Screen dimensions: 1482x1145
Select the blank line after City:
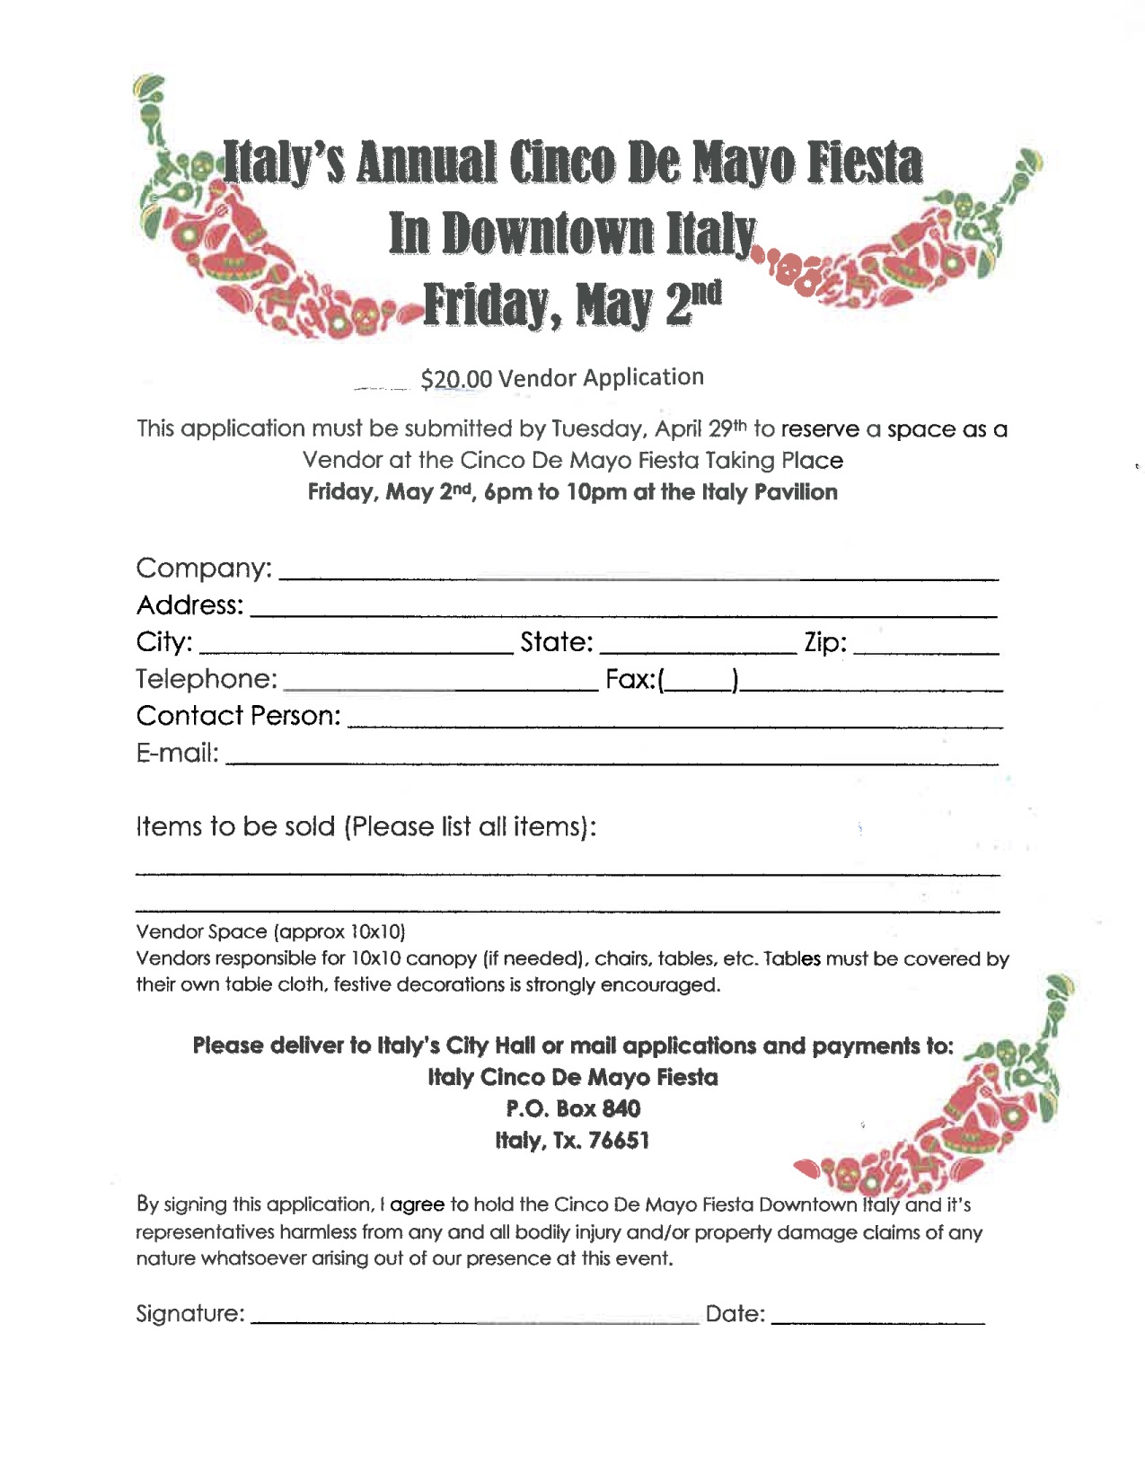click(355, 644)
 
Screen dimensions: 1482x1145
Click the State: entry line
click(698, 644)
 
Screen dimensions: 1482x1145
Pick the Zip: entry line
click(926, 644)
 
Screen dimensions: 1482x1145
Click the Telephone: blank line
click(440, 681)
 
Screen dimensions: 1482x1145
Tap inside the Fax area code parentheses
click(699, 681)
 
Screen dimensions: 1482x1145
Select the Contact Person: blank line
click(674, 718)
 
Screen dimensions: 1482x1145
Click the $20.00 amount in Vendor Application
click(456, 379)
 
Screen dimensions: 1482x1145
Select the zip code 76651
click(619, 1141)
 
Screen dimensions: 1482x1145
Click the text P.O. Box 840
click(573, 1109)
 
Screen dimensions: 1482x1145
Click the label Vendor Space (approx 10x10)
click(270, 931)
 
